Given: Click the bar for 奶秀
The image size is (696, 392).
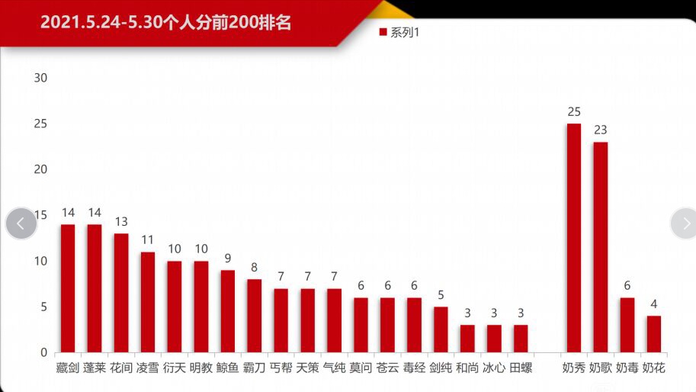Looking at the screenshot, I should click(x=573, y=238).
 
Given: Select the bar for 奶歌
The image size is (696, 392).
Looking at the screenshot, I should click(x=600, y=247).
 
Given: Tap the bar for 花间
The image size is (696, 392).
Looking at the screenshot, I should click(x=120, y=293).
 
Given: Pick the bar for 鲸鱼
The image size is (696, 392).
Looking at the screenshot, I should click(x=227, y=311).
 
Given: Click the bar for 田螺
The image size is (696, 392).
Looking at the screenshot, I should click(x=520, y=339).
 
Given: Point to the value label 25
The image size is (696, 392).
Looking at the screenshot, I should click(x=573, y=112).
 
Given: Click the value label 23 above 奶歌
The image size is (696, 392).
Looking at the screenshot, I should click(x=600, y=130).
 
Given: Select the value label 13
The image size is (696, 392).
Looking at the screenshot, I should click(x=120, y=222).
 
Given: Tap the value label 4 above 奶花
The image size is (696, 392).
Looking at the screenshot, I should click(x=653, y=304).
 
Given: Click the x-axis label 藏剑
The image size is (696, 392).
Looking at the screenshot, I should click(x=67, y=368).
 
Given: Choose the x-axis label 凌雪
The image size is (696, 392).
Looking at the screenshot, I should click(x=147, y=368).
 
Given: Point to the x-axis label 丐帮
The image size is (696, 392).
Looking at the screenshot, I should click(x=281, y=368).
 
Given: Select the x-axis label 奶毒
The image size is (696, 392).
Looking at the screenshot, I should click(x=627, y=368).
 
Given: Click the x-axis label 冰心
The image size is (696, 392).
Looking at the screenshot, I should click(x=493, y=368).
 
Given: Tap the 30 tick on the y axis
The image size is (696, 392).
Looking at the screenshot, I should click(x=40, y=78).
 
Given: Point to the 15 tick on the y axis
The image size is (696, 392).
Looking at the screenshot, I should click(x=40, y=215).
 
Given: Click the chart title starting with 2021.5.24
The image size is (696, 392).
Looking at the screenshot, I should click(x=165, y=22).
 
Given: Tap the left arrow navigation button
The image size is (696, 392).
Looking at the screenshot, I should click(x=21, y=223).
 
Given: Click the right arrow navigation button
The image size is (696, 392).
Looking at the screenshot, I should click(x=684, y=223).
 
